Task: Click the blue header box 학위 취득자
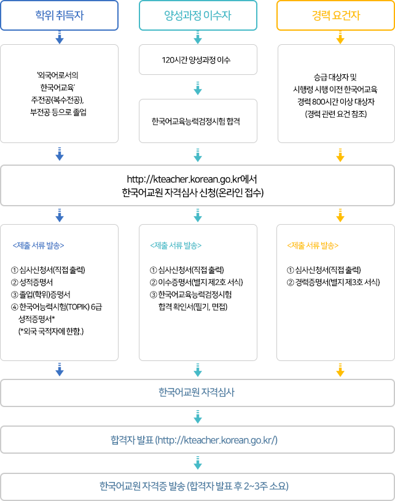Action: click(60, 15)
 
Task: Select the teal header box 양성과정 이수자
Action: click(197, 15)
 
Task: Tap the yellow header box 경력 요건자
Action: click(335, 15)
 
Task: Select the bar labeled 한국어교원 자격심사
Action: click(197, 392)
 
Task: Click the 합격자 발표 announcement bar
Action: click(197, 440)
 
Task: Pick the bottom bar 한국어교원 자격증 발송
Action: click(197, 486)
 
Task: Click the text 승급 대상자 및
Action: click(335, 77)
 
